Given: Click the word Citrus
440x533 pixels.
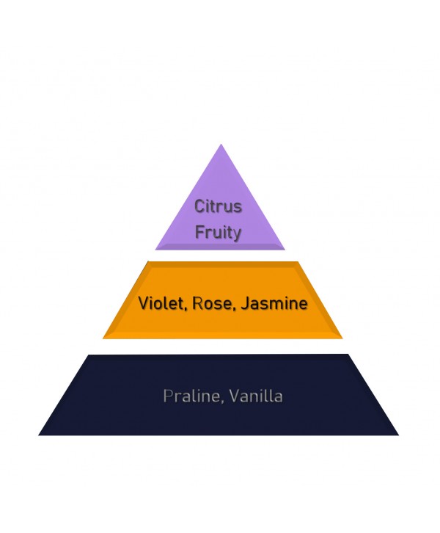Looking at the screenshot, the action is pos(218,206).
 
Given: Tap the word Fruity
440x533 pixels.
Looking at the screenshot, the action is pos(218,233).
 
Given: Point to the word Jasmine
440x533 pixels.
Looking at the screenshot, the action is pos(274,303).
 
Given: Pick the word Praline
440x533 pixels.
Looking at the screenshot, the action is pos(193,396).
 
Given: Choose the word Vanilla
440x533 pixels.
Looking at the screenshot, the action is pos(255,396).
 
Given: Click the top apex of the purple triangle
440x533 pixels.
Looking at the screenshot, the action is pos(221,144).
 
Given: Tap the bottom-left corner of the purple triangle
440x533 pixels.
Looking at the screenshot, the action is pos(155,250).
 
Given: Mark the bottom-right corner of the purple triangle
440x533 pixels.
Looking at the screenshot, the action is pos(285,250).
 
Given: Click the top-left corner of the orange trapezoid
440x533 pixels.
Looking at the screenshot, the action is pos(148,261).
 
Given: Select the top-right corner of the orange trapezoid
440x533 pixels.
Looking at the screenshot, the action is pos(298,261).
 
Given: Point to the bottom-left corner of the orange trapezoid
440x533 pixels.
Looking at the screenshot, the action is pos(103,338).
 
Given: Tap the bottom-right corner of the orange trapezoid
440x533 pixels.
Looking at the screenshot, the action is pos(342,338).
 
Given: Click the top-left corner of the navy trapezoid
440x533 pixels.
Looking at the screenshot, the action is pos(88,355).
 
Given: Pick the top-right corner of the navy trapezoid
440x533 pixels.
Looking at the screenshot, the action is pos(348,354).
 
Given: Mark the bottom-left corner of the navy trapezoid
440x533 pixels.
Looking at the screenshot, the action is pos(38,435).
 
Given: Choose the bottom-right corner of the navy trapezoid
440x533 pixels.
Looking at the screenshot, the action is pos(399,435).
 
